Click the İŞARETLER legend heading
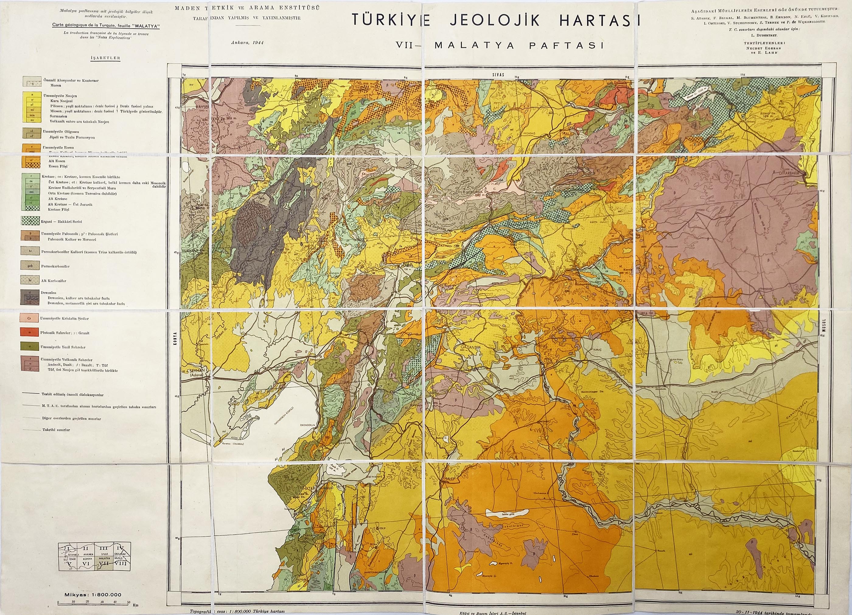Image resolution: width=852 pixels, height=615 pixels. [105, 58]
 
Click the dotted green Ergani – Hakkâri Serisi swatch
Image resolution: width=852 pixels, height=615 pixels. [30, 221]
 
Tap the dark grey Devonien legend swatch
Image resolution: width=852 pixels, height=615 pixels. [30, 297]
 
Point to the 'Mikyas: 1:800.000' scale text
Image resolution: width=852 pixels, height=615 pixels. [93, 595]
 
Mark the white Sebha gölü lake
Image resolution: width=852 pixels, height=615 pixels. [507, 512]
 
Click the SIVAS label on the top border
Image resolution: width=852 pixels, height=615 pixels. [498, 75]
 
